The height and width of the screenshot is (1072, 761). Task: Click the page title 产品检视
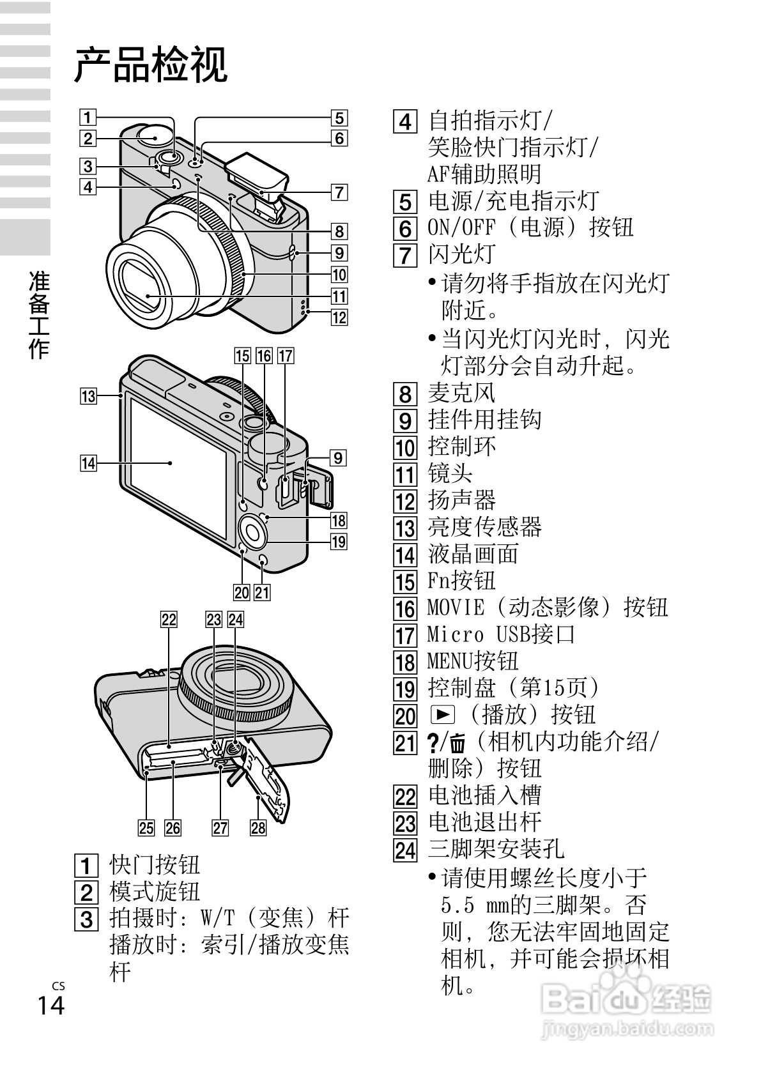(151, 65)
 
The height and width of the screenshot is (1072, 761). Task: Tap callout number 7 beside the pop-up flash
(339, 192)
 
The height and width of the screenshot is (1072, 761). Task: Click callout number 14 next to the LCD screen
(88, 463)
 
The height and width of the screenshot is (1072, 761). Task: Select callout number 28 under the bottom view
(258, 828)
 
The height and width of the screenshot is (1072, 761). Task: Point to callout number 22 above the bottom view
(169, 618)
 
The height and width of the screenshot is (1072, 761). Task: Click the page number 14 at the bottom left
(51, 1006)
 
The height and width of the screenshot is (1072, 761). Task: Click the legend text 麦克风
(461, 392)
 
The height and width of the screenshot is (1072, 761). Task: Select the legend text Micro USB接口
(502, 634)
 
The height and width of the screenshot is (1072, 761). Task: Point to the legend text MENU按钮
(473, 661)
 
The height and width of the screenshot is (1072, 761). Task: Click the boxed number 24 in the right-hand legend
(405, 850)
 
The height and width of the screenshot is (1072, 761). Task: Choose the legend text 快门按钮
(155, 864)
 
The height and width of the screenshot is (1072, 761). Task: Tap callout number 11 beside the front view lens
(339, 296)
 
